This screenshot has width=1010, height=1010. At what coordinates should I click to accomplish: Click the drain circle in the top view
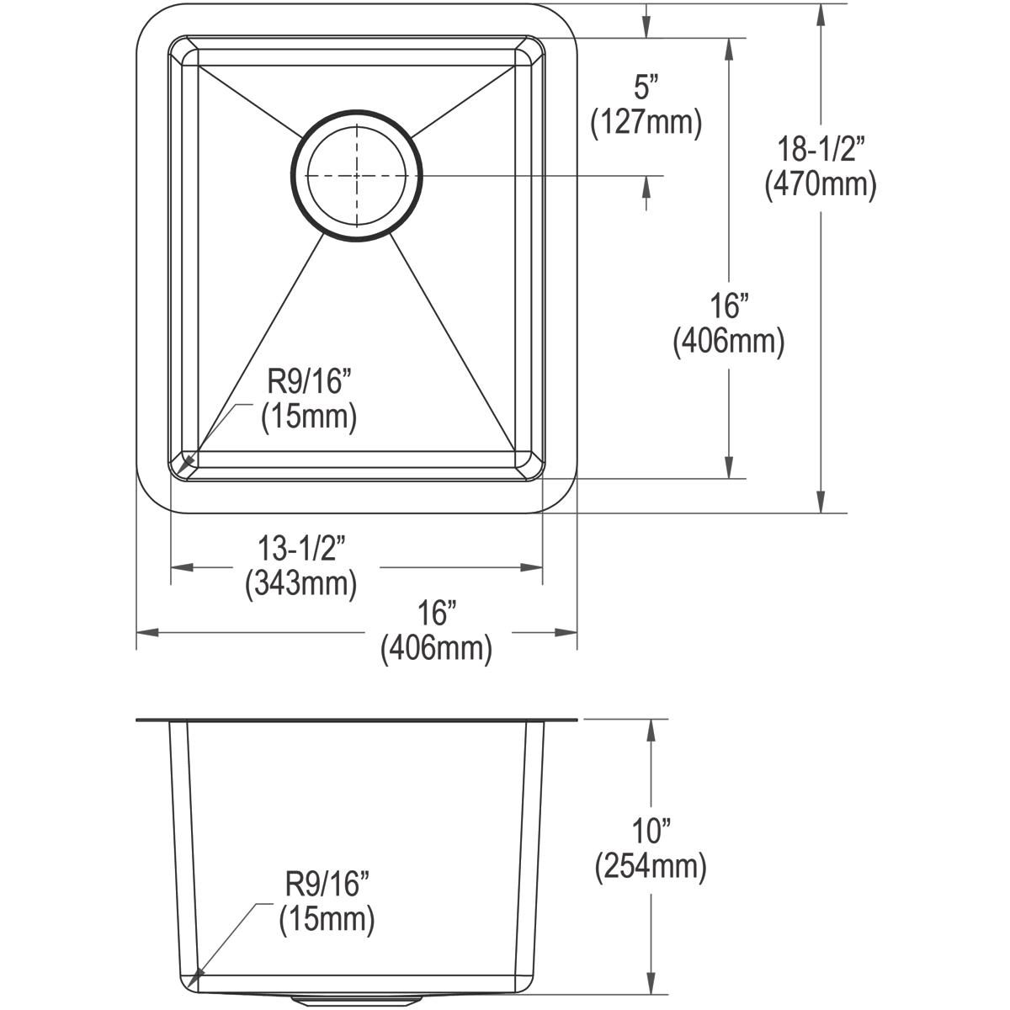pos(359,176)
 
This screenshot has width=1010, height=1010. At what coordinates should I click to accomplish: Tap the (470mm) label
pos(821,184)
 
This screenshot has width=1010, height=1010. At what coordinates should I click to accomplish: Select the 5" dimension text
pos(645,88)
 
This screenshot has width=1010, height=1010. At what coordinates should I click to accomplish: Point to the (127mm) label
pos(646,123)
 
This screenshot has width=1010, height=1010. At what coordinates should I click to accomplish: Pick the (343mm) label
pos(300,582)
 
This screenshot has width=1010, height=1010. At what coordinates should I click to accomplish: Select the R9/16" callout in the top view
pos(307,383)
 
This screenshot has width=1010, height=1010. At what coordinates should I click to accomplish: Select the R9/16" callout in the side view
pos(325,885)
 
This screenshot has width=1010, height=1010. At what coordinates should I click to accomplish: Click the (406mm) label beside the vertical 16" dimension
pos(729,342)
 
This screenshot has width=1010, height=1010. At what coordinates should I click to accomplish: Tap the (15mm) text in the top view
pos(308,417)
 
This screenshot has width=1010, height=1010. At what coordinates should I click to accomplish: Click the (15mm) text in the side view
pos(326,919)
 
